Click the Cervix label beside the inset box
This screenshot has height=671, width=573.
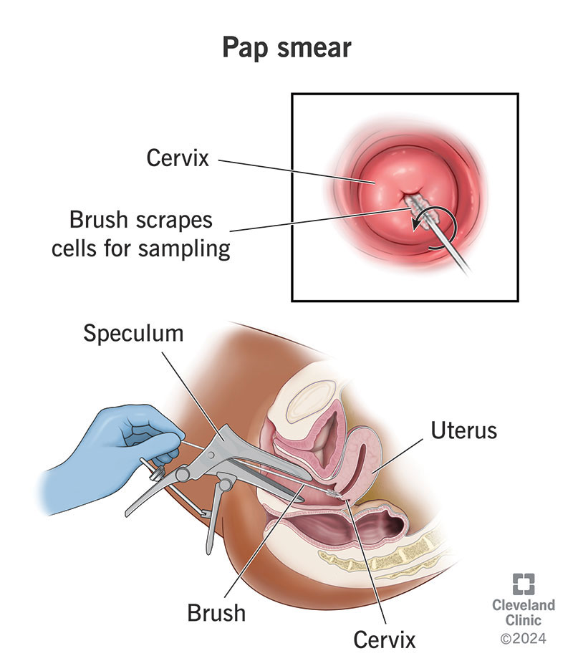178,158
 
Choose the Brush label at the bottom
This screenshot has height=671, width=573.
216,613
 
